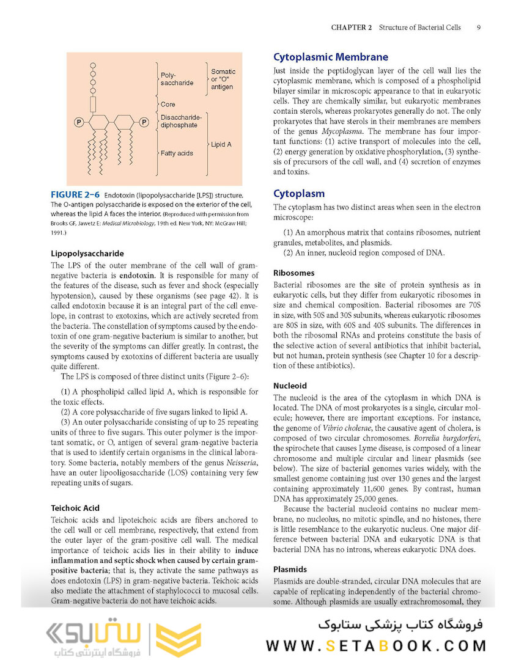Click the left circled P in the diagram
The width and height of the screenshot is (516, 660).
coord(79,122)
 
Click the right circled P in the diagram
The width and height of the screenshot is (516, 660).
coord(144,122)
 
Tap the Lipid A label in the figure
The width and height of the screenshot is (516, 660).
coord(222,145)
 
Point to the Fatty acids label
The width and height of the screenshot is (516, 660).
coord(177,153)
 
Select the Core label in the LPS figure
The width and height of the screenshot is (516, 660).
coord(168,105)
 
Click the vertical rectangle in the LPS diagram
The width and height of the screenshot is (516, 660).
coord(93,103)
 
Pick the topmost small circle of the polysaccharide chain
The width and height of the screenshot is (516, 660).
coord(93,64)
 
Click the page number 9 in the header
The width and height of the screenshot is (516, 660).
coord(478,28)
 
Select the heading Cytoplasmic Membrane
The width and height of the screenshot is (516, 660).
coord(330,57)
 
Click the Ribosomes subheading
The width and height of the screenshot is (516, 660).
coord(293,273)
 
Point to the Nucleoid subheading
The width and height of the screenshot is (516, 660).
coord(290,386)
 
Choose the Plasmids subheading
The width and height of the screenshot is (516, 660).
coord(290,568)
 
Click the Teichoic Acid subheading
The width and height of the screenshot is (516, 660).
coord(75,508)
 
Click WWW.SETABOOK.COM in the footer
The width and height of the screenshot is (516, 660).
coord(376,645)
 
